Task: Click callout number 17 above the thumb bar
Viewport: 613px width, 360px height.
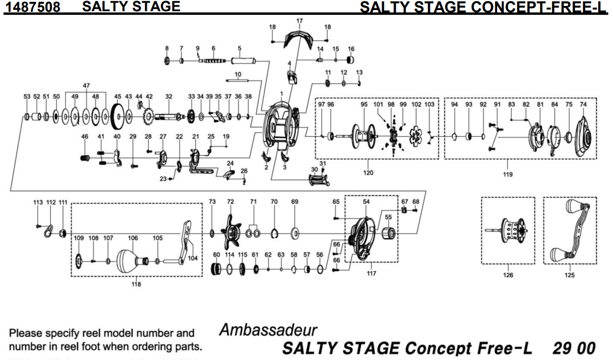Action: point(299,21)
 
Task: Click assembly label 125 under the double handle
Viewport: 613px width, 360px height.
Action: point(569,275)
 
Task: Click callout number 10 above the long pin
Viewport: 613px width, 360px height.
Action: point(238,74)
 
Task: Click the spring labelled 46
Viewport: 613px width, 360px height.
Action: point(85,157)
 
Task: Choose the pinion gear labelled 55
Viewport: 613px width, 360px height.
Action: point(388,236)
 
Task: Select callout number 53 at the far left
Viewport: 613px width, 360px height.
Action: point(27,97)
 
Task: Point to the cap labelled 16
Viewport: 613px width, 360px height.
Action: point(351,60)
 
